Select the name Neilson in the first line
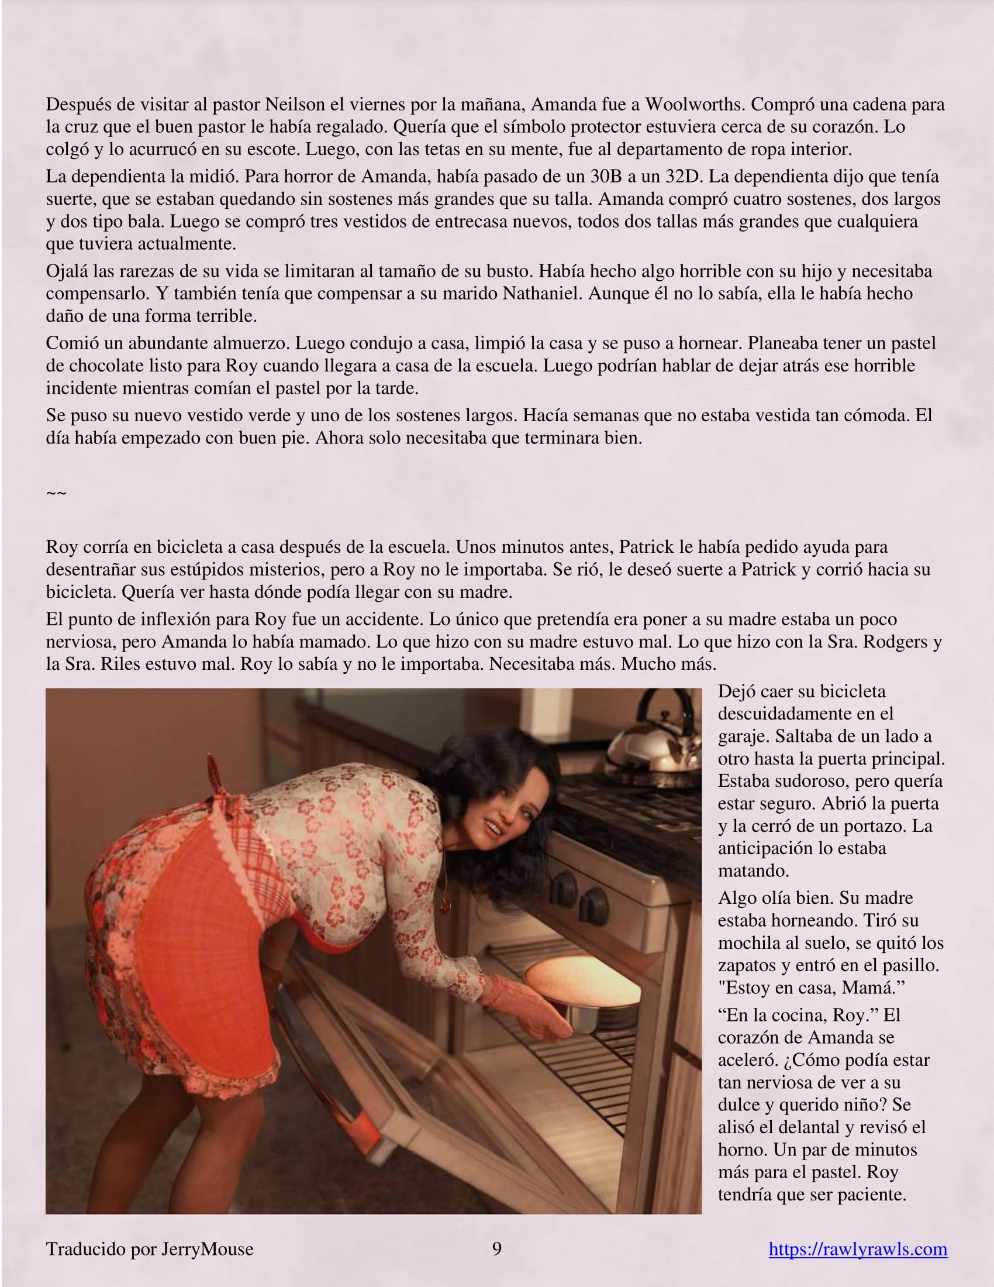point(295,104)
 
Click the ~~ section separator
point(56,493)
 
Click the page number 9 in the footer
point(496,1249)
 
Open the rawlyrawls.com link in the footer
point(857,1249)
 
